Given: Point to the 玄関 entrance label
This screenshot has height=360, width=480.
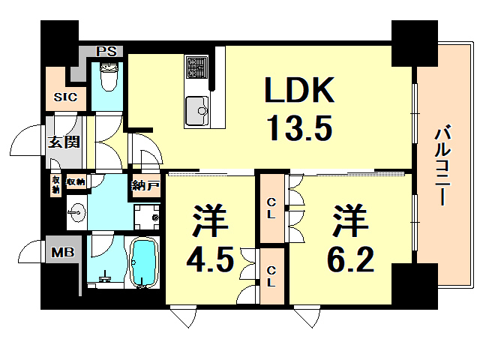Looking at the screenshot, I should (65, 142).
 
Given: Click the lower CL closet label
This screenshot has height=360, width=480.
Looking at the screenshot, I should (271, 276).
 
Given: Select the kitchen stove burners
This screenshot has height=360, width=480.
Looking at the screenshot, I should (197, 67).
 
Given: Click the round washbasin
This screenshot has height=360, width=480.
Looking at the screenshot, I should (77, 212).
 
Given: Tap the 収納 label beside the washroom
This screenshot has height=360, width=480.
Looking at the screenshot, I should (75, 181).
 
